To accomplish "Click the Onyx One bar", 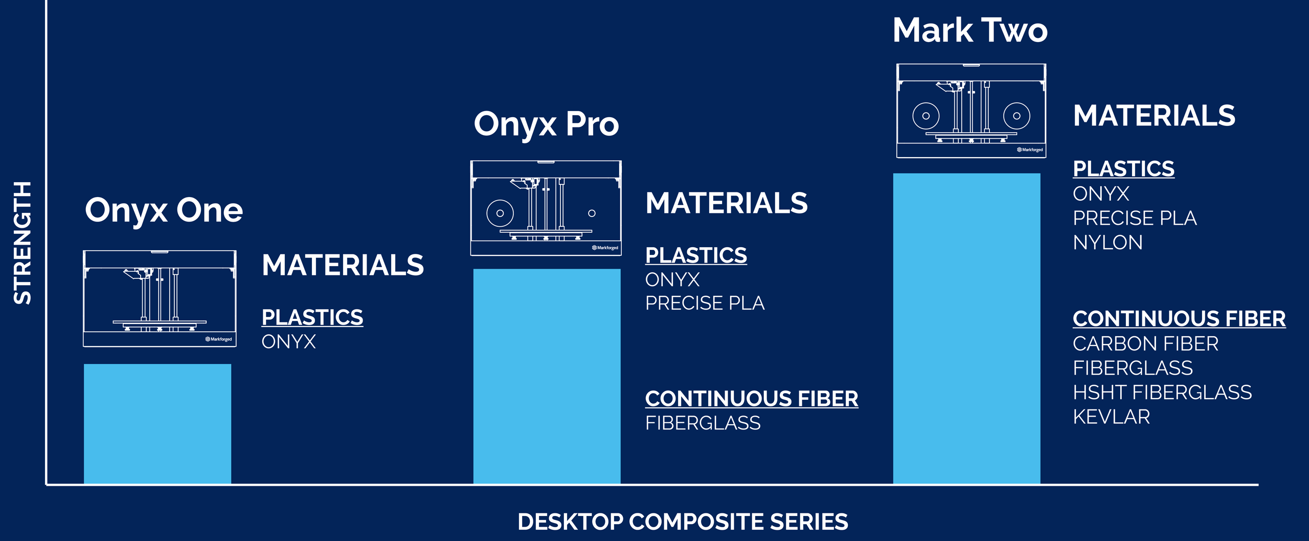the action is click(157, 424).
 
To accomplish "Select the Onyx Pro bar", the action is click(547, 376).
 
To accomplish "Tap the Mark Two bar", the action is click(966, 329).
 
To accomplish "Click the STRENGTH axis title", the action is click(22, 243).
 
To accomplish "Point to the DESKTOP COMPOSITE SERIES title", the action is click(683, 522).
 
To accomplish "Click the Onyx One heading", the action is click(164, 211).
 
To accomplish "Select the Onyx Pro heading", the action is click(546, 124).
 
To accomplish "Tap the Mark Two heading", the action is click(970, 30).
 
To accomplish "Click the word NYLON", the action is click(1108, 243).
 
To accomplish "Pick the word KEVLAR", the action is click(1111, 417).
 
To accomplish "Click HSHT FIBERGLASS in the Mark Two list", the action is click(1162, 393).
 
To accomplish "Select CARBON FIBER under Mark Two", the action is click(1145, 344).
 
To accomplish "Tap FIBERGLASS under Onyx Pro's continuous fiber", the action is click(703, 423).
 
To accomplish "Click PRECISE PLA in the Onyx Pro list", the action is click(705, 304).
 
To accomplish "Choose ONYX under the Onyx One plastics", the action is click(288, 342).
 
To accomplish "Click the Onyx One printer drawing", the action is click(160, 299).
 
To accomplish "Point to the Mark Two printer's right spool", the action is click(1017, 116).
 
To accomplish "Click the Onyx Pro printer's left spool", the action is click(500, 213).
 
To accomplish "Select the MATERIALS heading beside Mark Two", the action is click(1154, 116).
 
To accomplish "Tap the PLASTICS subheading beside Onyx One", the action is click(312, 317).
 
